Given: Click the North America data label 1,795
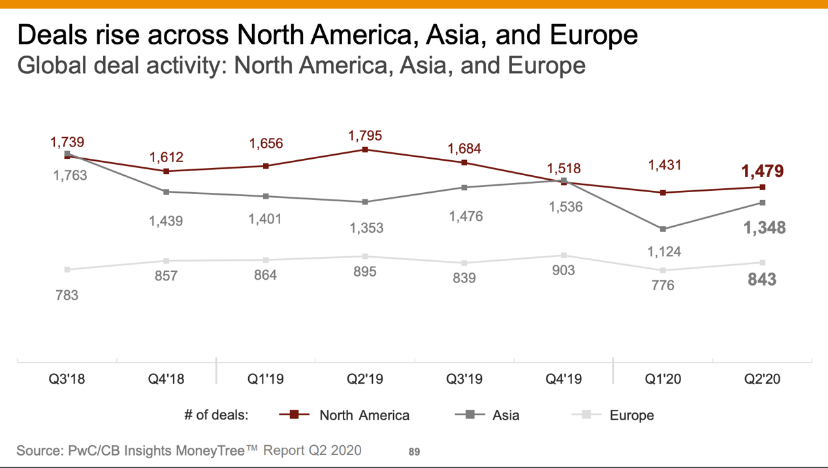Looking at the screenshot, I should point(365,136).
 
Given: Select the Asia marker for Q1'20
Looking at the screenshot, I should point(663,229).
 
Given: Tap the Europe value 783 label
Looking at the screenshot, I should point(67,295).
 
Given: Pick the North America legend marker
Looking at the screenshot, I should point(294,414).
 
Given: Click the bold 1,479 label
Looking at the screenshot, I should point(762,171).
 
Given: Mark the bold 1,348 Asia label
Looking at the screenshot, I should point(764,228).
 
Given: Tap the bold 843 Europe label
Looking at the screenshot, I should point(762,280).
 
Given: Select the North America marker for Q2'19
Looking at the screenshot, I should point(365,150).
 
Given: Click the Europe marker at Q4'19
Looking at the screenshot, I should point(564,256).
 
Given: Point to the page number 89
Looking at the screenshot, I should point(414,452).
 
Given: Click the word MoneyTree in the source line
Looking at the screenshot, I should point(209,450).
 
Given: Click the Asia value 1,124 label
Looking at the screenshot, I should point(663,252).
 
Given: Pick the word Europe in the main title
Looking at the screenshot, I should point(593,34).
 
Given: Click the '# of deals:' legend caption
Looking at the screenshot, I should point(216,415).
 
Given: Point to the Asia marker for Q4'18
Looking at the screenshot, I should point(167,192).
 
